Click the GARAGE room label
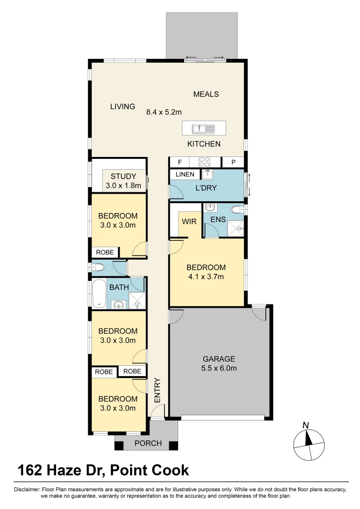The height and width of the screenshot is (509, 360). (x=218, y=359)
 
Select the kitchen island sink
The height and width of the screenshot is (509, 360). (x=204, y=128)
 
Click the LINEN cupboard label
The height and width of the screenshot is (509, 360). (x=185, y=174)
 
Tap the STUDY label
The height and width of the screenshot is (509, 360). (x=123, y=177)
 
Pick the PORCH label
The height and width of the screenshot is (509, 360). (x=148, y=443)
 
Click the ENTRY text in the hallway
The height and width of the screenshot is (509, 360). (x=157, y=390)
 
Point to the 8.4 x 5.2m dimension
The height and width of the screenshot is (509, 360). (x=164, y=112)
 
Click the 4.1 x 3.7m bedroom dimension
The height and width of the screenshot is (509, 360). (x=206, y=277)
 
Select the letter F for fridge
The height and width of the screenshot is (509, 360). (x=180, y=162)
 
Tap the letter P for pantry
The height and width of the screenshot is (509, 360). (x=233, y=162)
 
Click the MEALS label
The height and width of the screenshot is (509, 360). (x=206, y=94)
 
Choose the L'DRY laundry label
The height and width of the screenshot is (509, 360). (x=205, y=188)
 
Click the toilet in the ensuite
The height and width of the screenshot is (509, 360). (x=237, y=209)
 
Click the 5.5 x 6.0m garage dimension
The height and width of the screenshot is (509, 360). (x=218, y=368)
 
